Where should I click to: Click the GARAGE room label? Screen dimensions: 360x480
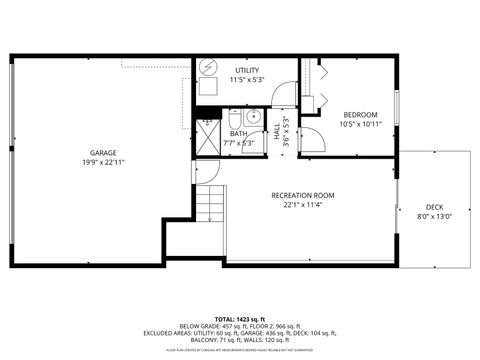[103, 153]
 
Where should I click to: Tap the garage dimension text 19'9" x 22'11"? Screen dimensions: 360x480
[103, 162]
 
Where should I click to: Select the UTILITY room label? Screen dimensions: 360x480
[246, 70]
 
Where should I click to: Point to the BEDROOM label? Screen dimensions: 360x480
[360, 115]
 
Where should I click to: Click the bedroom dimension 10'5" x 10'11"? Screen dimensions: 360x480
[360, 125]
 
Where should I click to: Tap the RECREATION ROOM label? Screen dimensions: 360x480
[302, 195]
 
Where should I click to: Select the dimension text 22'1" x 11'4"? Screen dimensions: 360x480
[302, 205]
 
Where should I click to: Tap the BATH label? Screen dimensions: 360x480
[238, 133]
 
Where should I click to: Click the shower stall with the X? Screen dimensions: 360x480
[207, 140]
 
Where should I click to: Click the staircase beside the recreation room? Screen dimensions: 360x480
[210, 206]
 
